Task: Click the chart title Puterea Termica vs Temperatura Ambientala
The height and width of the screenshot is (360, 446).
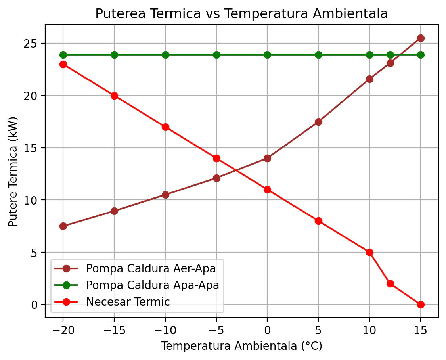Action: click(x=241, y=14)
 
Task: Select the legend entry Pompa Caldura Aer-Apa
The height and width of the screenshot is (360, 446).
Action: click(x=151, y=268)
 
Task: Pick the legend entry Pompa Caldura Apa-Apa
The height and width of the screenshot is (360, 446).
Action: click(x=152, y=285)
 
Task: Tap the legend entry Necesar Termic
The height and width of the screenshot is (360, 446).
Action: click(x=128, y=302)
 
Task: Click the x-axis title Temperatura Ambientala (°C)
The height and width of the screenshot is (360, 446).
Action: click(x=241, y=346)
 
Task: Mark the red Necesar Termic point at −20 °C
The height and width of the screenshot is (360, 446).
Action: click(x=63, y=64)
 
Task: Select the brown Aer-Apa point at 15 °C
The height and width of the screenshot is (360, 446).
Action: click(x=421, y=38)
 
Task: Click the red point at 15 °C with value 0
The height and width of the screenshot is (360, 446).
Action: click(x=421, y=304)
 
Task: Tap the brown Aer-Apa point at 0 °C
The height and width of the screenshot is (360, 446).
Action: click(x=267, y=158)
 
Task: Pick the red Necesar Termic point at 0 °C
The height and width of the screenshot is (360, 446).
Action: click(x=267, y=190)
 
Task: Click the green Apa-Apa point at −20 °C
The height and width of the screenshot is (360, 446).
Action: click(x=63, y=55)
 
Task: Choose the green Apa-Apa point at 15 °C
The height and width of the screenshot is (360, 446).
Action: click(x=421, y=55)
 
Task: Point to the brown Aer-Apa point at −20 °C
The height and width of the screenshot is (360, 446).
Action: click(x=63, y=226)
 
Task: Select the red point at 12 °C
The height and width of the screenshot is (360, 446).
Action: click(x=390, y=283)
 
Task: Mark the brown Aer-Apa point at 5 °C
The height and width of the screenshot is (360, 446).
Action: click(x=318, y=122)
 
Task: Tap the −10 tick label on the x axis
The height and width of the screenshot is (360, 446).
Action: click(x=165, y=330)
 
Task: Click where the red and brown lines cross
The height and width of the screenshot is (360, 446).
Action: click(x=237, y=170)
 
